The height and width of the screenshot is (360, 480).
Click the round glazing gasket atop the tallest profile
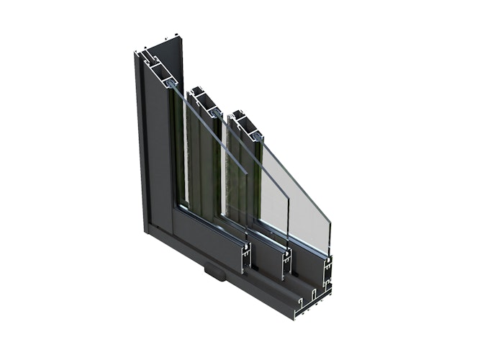tap(171, 85)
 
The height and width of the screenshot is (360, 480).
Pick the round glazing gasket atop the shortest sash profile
tap(254, 132)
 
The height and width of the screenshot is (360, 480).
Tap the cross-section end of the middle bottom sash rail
tap(288, 259)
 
